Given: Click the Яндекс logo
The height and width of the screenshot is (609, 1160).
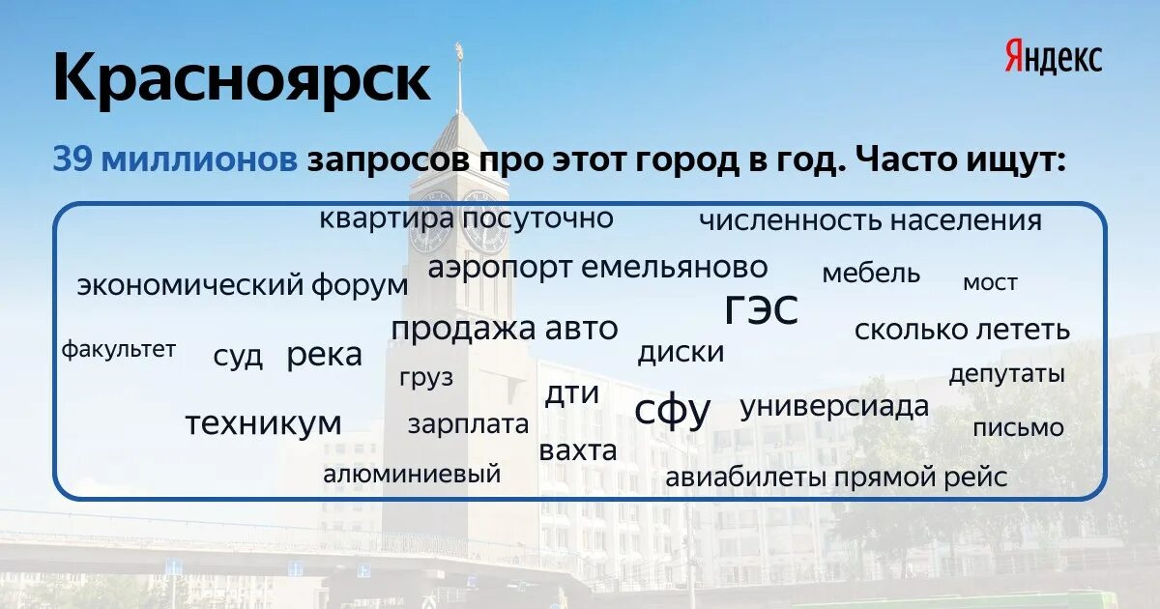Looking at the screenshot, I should (1053, 57).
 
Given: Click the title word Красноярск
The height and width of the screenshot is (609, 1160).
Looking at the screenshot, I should (241, 79).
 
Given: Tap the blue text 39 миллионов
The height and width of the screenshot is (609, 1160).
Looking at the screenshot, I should (175, 159).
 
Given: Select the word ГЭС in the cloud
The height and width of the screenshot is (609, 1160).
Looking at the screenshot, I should (762, 309).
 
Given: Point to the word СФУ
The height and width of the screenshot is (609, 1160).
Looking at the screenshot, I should (673, 411).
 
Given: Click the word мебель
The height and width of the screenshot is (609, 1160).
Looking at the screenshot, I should (871, 274).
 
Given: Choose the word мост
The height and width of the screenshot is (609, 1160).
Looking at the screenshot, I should (990, 283).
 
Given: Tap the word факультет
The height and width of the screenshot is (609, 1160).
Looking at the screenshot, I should (119, 349).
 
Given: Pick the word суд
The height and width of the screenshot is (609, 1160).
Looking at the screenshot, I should (238, 356).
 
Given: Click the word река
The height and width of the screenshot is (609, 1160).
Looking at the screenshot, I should (324, 355).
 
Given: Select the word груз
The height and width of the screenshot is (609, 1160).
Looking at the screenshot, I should (425, 378).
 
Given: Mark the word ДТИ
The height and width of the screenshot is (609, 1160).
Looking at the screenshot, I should (572, 393).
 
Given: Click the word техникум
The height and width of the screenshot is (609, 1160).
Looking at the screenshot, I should (263, 423).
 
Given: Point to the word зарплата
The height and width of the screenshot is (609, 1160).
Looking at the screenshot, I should (468, 424).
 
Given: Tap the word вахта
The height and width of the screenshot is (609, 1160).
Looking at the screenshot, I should (578, 451).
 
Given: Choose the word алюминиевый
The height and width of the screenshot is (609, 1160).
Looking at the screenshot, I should (412, 474).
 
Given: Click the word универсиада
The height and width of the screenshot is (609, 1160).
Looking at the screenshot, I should (834, 407).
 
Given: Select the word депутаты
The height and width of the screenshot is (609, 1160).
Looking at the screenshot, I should (1006, 374).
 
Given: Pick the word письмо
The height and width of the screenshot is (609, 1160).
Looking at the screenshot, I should (1018, 427).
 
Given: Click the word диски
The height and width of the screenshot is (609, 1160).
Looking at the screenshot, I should (681, 353).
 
